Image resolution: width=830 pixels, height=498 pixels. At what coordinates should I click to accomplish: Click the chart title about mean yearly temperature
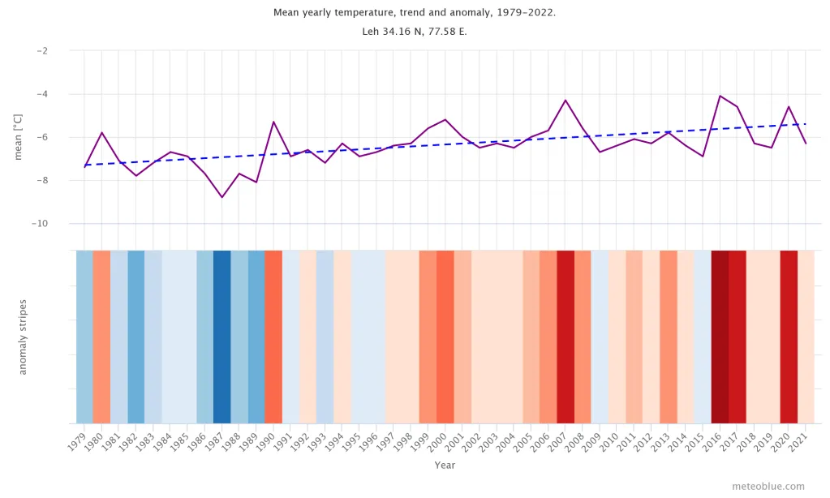415,13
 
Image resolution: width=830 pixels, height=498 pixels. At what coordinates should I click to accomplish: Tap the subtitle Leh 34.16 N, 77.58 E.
415,32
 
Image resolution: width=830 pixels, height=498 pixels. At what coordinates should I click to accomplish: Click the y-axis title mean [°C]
19,137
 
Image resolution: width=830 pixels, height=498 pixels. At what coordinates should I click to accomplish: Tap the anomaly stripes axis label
23,337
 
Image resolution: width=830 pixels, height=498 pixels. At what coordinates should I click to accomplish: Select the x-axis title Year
445,466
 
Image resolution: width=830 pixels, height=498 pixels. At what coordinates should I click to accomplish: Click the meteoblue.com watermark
768,487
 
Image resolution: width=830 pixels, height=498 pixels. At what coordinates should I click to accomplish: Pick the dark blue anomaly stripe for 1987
221,337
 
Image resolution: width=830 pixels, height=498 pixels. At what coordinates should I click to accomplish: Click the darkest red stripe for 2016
720,337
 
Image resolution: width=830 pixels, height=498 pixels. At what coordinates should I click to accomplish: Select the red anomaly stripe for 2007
566,337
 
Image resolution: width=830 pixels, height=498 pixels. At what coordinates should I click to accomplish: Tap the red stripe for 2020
789,337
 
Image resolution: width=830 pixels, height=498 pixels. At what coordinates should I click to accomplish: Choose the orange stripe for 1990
273,337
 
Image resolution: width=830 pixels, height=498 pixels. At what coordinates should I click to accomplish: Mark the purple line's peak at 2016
720,96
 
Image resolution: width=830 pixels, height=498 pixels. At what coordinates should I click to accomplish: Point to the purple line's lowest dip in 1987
221,197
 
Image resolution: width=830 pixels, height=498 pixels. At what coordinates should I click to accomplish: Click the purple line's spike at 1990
273,122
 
